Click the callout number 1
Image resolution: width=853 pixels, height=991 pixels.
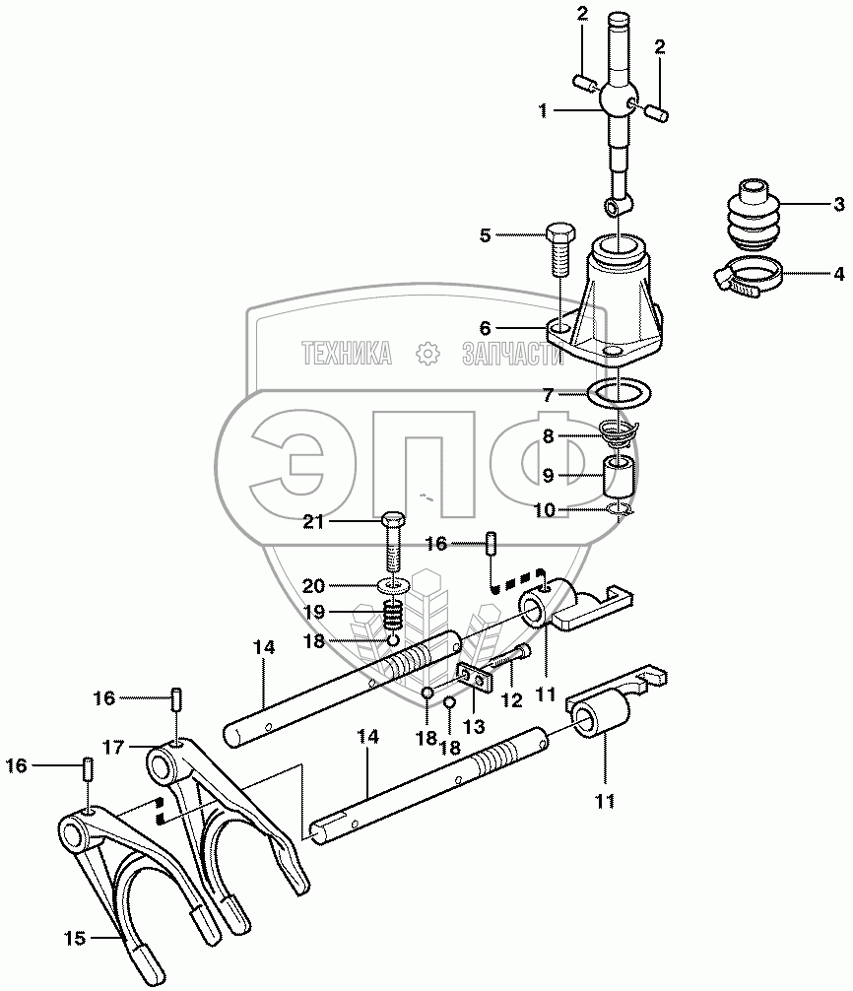543,111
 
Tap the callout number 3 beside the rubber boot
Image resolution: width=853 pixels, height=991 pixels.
838,205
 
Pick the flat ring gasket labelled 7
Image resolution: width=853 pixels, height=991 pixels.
621,393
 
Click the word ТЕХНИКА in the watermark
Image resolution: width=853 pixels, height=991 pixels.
346,353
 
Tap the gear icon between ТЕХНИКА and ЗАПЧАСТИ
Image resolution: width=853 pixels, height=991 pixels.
427,353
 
